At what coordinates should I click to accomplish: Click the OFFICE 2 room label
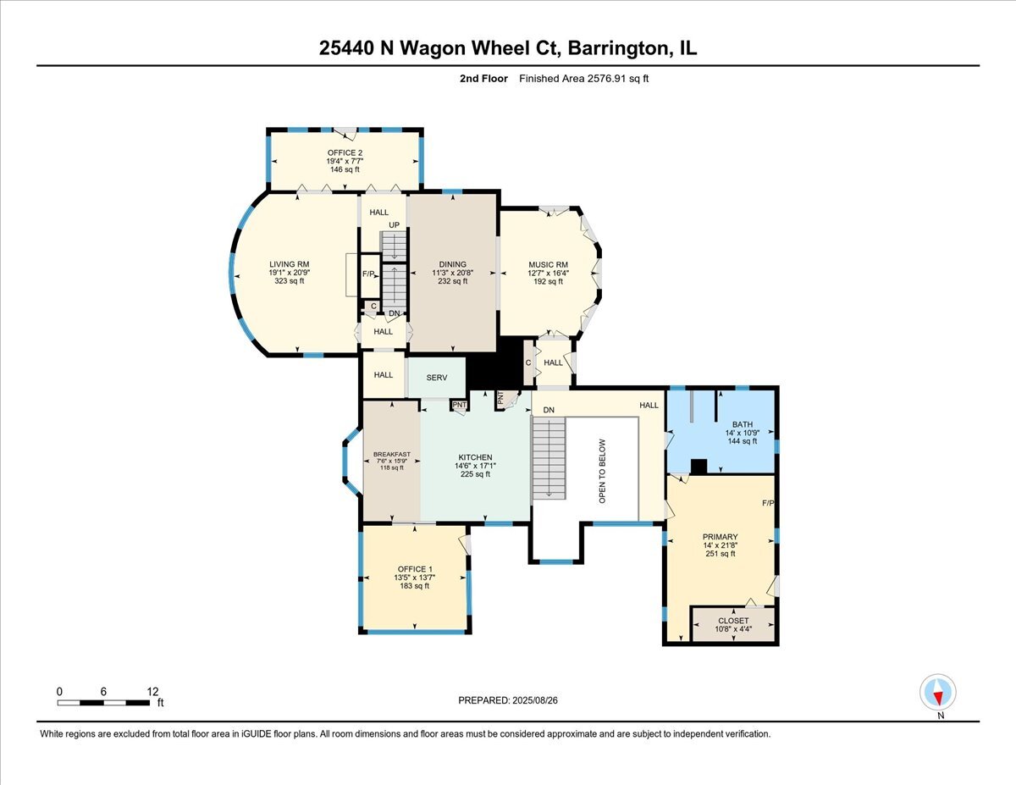(345, 153)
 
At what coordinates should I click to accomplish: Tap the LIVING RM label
(286, 264)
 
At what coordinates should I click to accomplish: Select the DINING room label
(453, 264)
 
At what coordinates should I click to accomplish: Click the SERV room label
(436, 376)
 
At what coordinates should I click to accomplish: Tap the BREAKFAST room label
(392, 455)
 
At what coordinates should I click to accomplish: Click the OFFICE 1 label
(415, 568)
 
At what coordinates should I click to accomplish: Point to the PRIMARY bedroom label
(720, 537)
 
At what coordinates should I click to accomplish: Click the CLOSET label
(733, 621)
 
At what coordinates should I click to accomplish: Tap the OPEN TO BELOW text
(603, 471)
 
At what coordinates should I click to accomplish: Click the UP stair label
(394, 224)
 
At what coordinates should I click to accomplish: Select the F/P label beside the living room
(368, 274)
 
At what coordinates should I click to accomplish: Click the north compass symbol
(938, 693)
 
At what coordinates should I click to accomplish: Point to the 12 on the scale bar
(152, 691)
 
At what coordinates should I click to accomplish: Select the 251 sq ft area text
(720, 554)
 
